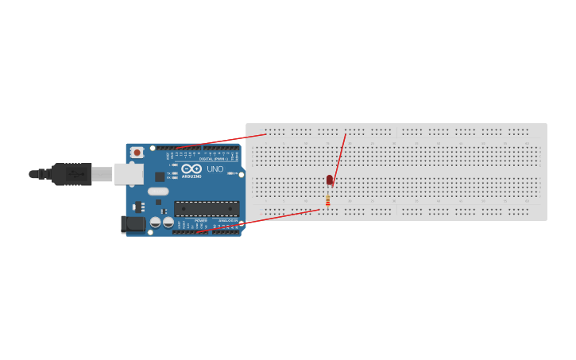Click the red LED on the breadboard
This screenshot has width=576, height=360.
pyautogui.click(x=330, y=180)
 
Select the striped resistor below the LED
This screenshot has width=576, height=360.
pyautogui.click(x=327, y=201)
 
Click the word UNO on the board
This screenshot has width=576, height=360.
pyautogui.click(x=215, y=168)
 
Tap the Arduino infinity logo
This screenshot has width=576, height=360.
pyautogui.click(x=191, y=168)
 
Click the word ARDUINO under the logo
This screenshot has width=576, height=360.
pyautogui.click(x=191, y=176)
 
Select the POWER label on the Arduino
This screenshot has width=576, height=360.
pyautogui.click(x=200, y=220)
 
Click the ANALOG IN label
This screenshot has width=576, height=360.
pyautogui.click(x=227, y=220)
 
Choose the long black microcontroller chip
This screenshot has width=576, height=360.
pyautogui.click(x=207, y=208)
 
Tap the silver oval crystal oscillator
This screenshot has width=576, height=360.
pyautogui.click(x=158, y=191)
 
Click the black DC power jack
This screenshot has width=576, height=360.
pyautogui.click(x=133, y=224)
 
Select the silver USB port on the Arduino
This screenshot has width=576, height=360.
pyautogui.click(x=128, y=173)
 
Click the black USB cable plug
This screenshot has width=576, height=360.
pyautogui.click(x=72, y=174)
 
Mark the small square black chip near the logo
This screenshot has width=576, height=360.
pyautogui.click(x=160, y=176)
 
